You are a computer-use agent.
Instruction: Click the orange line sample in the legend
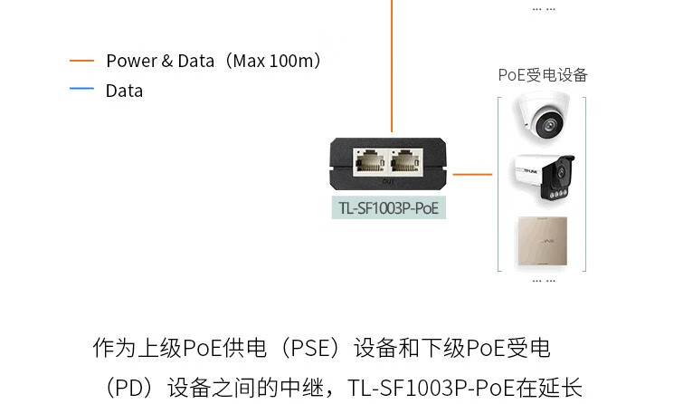(82, 61)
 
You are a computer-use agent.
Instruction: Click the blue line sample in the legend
(82, 89)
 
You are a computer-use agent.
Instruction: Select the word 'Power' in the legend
(132, 61)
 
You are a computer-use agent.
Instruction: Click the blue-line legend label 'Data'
(124, 91)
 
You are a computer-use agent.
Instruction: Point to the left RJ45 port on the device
(370, 161)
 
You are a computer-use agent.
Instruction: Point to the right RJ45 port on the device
(405, 161)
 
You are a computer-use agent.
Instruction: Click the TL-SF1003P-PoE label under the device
(389, 208)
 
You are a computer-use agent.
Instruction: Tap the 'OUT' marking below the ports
(388, 181)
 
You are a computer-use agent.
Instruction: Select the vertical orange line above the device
(392, 66)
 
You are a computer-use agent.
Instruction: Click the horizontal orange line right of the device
(472, 175)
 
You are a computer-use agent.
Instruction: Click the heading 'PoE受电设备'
(543, 75)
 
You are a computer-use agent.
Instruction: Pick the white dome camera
(543, 116)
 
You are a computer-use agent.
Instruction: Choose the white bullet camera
(543, 177)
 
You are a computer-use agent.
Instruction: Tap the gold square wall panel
(542, 241)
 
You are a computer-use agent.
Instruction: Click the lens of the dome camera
(549, 125)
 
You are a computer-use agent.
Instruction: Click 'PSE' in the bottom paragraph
(309, 348)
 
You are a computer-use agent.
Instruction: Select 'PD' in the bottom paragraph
(129, 388)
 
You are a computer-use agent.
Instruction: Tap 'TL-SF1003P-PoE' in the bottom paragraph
(432, 388)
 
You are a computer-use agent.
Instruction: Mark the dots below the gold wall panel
(544, 281)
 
